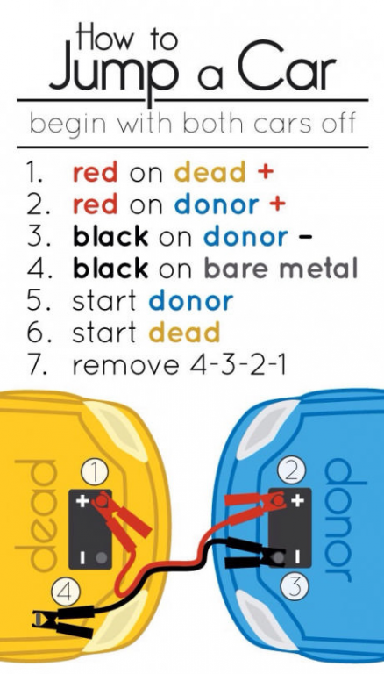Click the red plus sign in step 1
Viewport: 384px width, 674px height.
[266, 172]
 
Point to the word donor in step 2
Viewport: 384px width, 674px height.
[217, 204]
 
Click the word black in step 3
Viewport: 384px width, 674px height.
[110, 236]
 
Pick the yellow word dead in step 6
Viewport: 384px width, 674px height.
[184, 333]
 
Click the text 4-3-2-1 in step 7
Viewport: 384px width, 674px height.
[237, 365]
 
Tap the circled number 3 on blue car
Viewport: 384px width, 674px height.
[295, 586]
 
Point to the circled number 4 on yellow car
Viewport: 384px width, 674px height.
[65, 592]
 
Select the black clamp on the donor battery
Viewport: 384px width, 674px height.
[255, 553]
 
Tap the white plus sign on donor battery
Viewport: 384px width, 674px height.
[297, 500]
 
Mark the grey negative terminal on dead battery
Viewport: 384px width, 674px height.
[102, 557]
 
